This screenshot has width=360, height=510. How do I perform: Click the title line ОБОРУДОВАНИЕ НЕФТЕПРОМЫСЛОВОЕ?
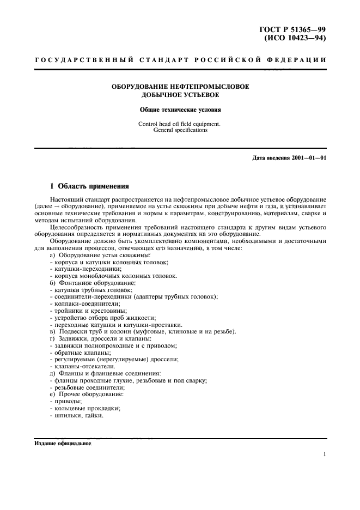180,87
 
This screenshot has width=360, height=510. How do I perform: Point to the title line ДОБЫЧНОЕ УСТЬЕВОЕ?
180,95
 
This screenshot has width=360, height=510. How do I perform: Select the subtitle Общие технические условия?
180,109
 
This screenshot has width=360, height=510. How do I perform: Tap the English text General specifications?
180,131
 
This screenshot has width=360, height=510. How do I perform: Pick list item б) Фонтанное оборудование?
92,283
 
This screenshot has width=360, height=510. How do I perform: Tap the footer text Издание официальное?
63,443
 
